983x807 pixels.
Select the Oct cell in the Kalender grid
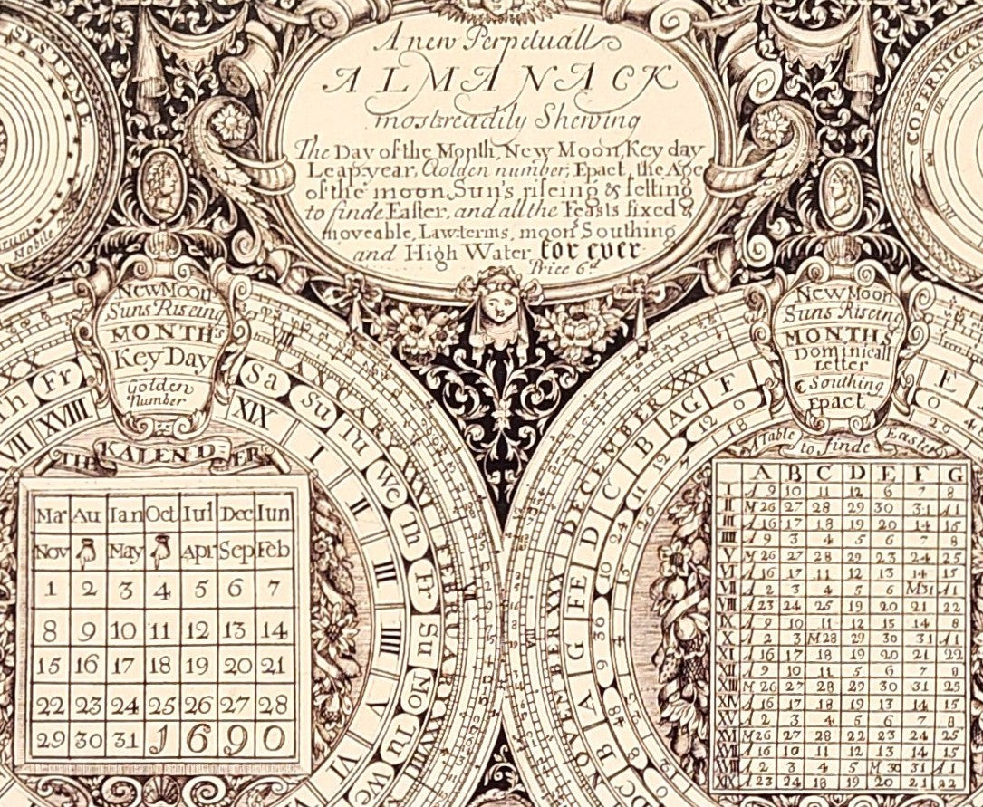[160, 515]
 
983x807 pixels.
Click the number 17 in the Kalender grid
[124, 664]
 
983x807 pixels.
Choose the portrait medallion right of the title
[841, 184]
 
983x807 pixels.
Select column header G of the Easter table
[953, 474]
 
